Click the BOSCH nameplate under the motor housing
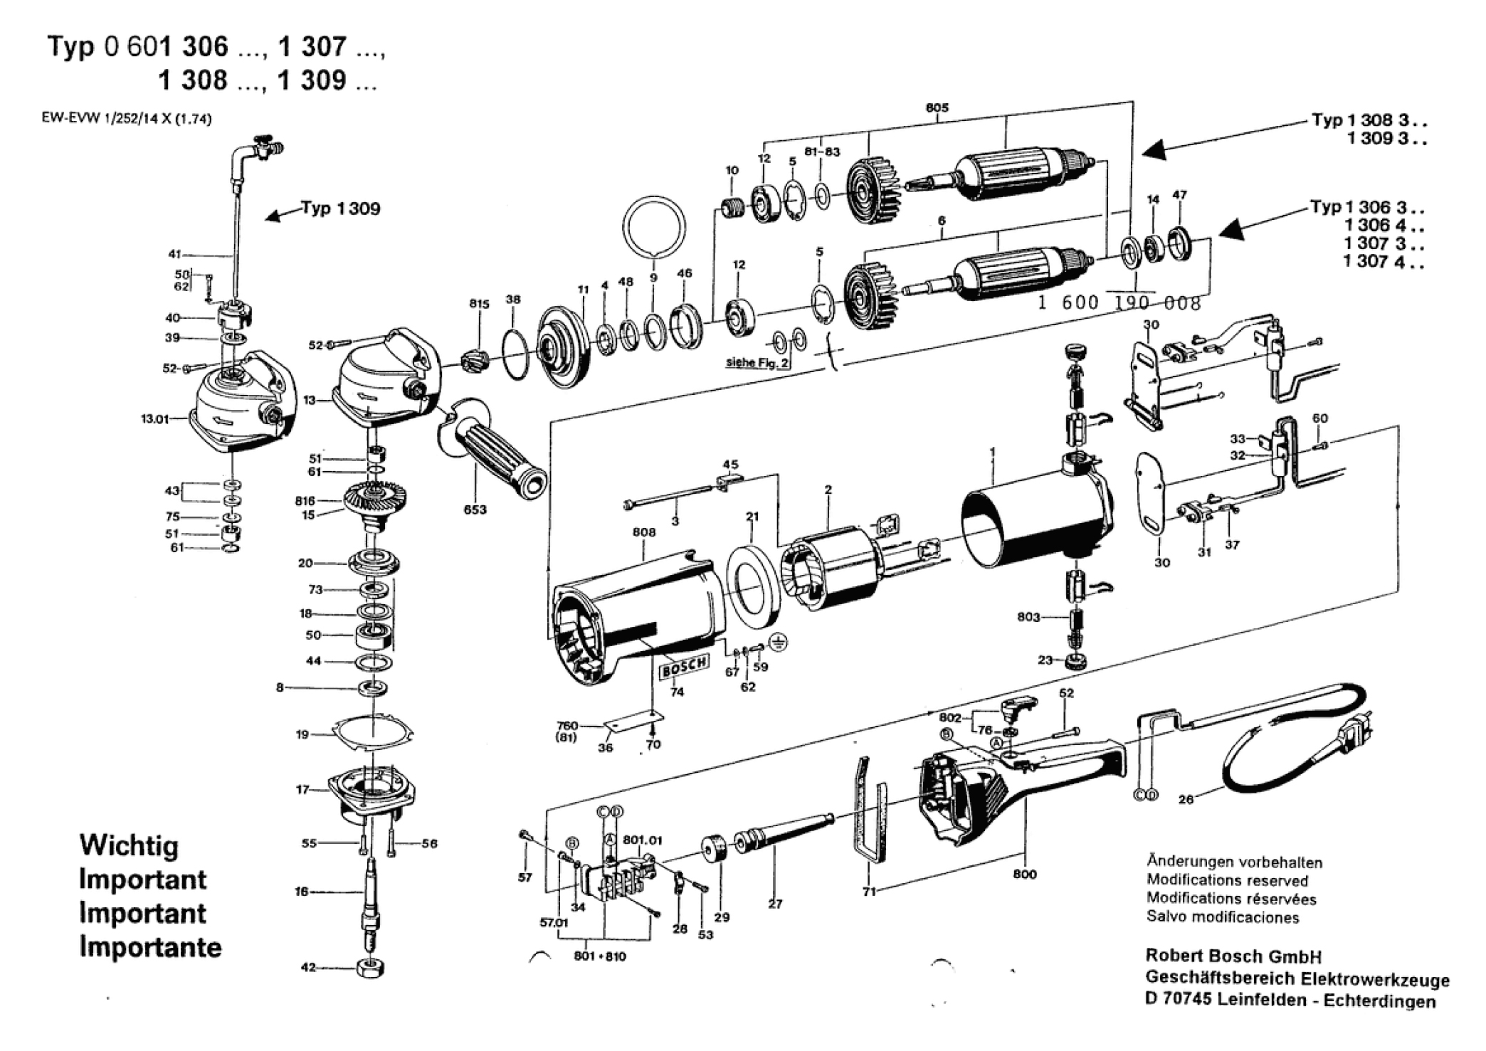(685, 667)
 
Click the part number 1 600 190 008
(1119, 303)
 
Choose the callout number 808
(643, 532)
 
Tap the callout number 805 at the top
(937, 107)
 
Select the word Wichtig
(129, 845)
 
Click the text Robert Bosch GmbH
(1233, 956)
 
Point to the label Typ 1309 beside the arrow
(340, 208)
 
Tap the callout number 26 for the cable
(1186, 799)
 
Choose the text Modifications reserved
(1227, 881)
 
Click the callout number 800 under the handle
(1025, 874)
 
